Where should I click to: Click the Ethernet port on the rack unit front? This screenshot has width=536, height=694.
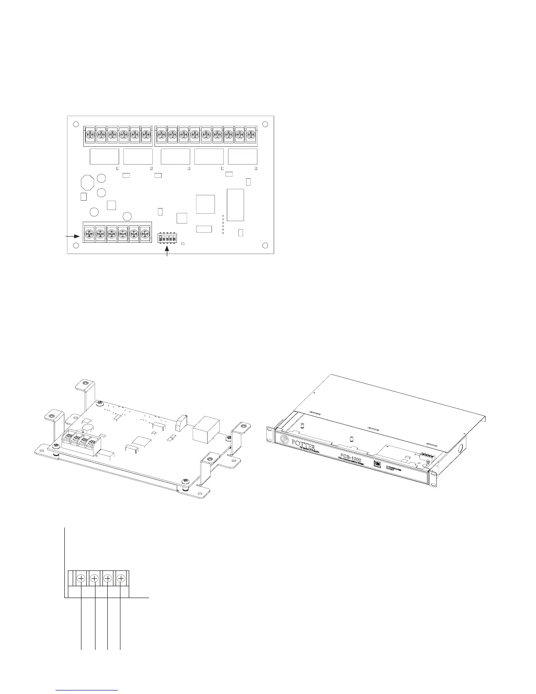(376, 463)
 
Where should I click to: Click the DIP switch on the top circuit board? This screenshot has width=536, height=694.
(167, 237)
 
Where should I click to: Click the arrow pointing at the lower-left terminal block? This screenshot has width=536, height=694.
(73, 236)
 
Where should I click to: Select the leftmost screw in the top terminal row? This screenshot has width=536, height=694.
(90, 133)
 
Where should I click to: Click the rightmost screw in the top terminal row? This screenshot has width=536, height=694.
(250, 133)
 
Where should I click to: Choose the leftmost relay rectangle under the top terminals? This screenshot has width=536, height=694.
(104, 156)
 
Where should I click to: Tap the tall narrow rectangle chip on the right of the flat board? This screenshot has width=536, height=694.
(235, 205)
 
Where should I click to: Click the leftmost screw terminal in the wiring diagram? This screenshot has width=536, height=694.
(81, 579)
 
